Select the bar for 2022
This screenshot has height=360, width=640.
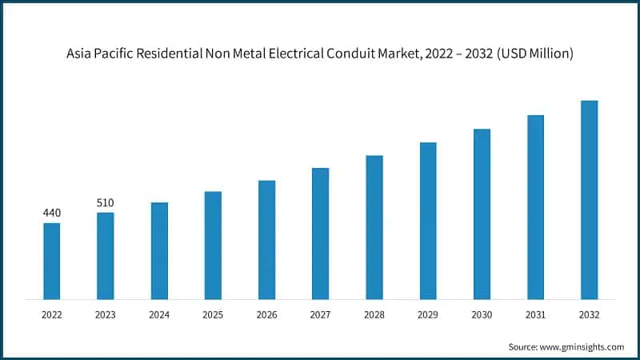(x=51, y=261)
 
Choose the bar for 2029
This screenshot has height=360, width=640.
(x=428, y=221)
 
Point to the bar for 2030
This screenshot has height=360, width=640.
(x=482, y=214)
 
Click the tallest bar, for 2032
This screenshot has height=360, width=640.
(x=589, y=200)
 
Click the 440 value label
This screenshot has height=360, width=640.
(x=51, y=213)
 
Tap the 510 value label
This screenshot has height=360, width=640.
(x=105, y=202)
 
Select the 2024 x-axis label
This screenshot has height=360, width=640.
(x=158, y=315)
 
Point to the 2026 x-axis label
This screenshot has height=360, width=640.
(x=266, y=315)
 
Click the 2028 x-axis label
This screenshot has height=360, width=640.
(x=374, y=315)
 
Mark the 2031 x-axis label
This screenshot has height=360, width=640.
(x=535, y=315)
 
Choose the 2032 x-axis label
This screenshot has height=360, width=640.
(x=589, y=315)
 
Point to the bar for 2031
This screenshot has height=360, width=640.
(x=535, y=207)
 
